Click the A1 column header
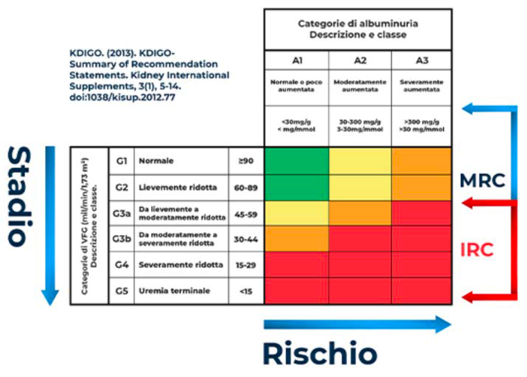(x=297, y=61)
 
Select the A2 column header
(x=360, y=61)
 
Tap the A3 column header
(x=422, y=61)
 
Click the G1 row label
(x=121, y=161)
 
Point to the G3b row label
(x=122, y=239)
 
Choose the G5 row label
(x=121, y=291)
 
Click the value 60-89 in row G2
(x=246, y=187)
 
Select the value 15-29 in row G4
(x=246, y=265)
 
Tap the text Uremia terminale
(x=174, y=291)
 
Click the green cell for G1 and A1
(x=297, y=161)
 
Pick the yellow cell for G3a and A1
(x=297, y=214)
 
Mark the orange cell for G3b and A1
(x=297, y=239)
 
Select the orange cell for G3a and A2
(x=360, y=214)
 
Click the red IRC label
(x=477, y=250)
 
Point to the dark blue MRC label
(x=482, y=181)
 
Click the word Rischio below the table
(x=320, y=354)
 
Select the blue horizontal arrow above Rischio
(x=357, y=324)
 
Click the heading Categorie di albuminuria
(x=358, y=24)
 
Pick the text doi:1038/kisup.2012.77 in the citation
(x=122, y=97)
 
